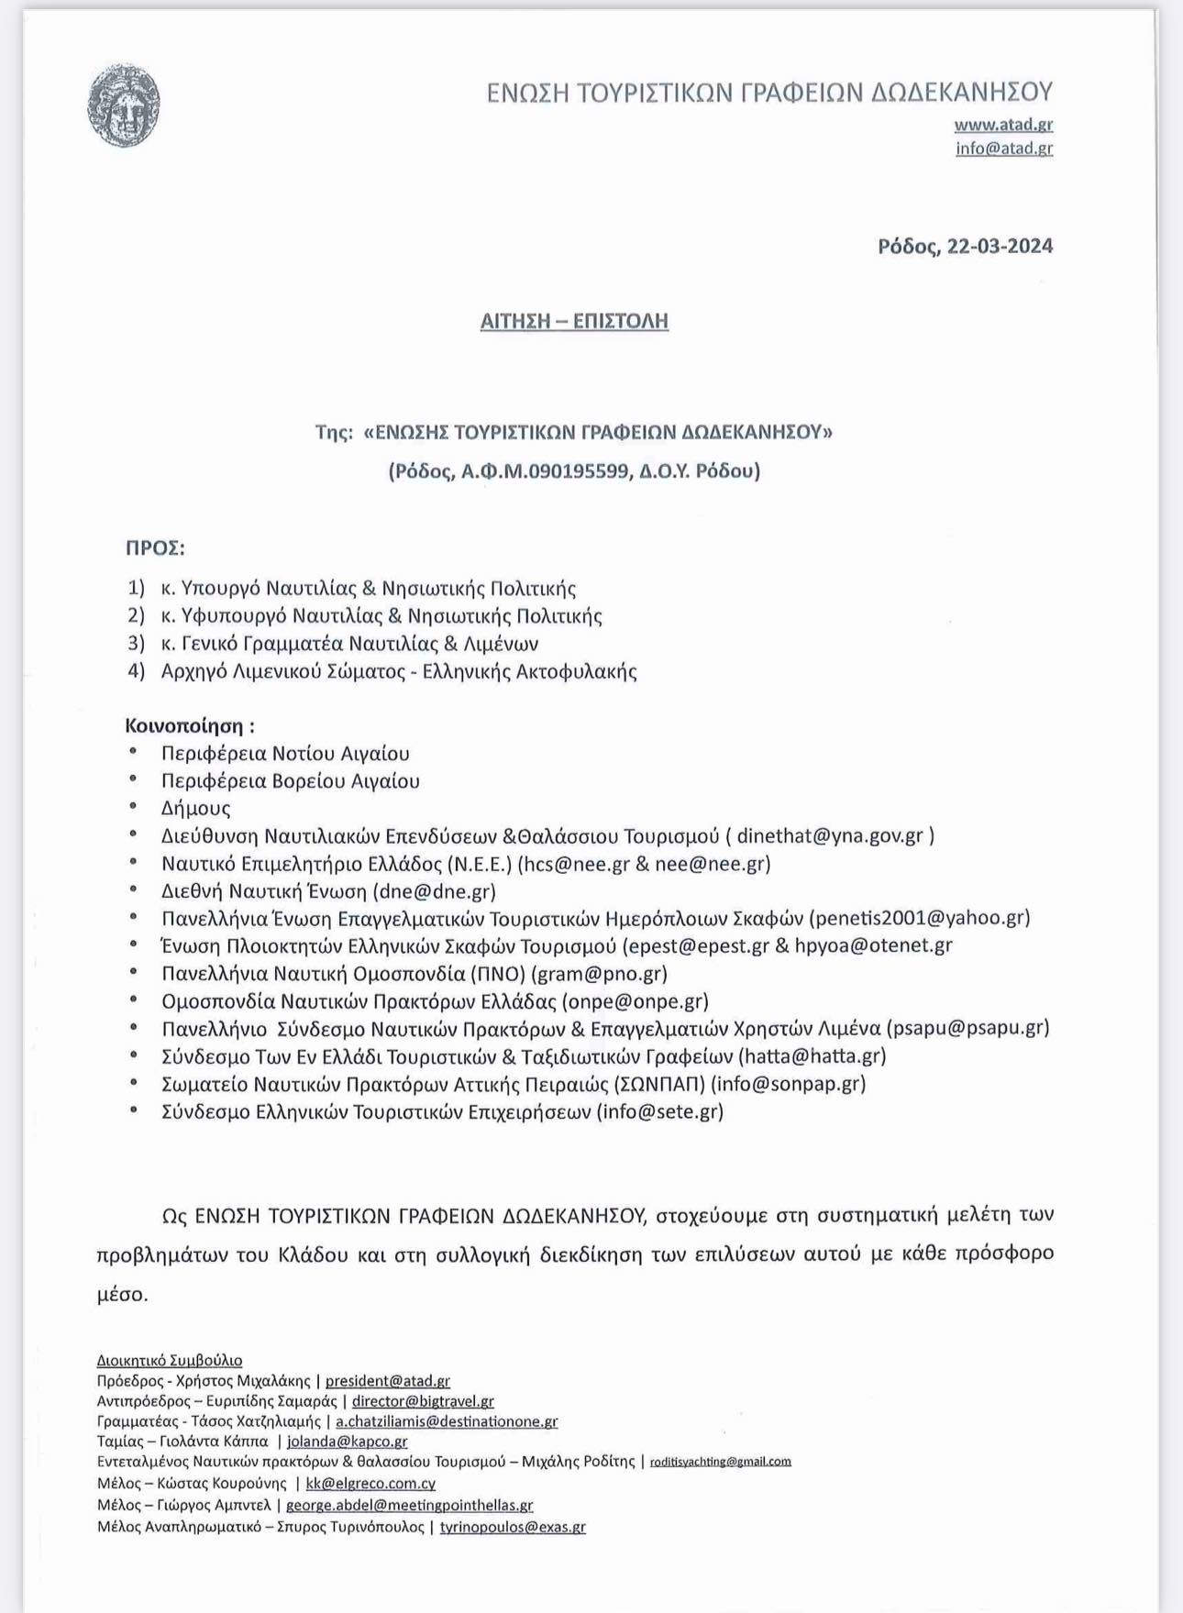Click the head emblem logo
(x=124, y=105)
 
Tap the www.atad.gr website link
(x=1003, y=124)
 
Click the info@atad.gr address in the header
(x=1004, y=148)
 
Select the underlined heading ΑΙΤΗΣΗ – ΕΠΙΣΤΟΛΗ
(x=574, y=321)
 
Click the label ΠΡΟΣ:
(x=155, y=548)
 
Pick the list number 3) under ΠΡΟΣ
(x=136, y=644)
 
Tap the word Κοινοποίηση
(x=183, y=726)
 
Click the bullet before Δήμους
(x=134, y=807)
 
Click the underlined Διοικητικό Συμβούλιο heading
(x=170, y=1360)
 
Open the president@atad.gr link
(x=387, y=1381)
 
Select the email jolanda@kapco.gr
(x=347, y=1442)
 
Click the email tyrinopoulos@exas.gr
(x=512, y=1527)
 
